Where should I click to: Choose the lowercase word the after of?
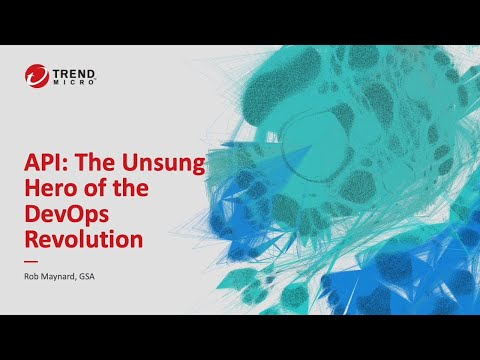pos(149,190)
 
